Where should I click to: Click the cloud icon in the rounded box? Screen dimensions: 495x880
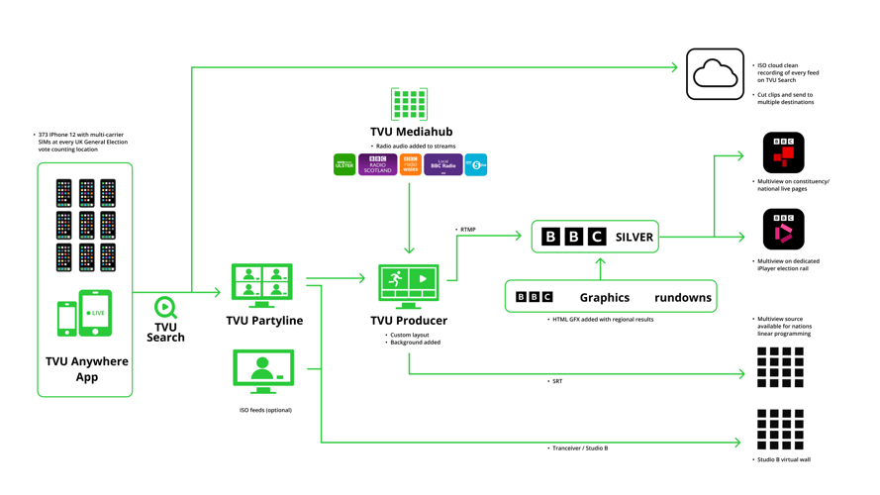tap(715, 74)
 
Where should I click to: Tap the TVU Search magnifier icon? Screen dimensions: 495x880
tap(165, 308)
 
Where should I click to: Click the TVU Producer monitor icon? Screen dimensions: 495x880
tap(409, 286)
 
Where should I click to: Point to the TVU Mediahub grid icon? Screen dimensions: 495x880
tap(409, 104)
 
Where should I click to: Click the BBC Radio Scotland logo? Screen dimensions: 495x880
tap(377, 165)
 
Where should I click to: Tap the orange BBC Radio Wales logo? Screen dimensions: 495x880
tap(411, 165)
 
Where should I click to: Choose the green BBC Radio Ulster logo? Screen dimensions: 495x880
tap(344, 165)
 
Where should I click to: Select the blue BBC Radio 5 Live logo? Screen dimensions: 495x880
tap(476, 165)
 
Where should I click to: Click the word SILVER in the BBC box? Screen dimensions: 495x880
tap(635, 238)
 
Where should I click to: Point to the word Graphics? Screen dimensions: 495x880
tap(604, 297)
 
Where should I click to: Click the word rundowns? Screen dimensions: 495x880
tap(682, 297)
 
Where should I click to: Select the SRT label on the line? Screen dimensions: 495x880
tap(557, 381)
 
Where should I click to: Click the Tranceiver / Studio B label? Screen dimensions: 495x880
tap(581, 448)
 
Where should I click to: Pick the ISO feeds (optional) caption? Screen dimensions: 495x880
tap(265, 410)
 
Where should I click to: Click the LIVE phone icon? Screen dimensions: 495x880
tap(95, 313)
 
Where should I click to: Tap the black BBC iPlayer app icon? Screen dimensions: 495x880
tap(783, 230)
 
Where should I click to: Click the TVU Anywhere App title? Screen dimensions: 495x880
tap(86, 368)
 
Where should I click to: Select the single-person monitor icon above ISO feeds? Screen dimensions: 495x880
tap(263, 372)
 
